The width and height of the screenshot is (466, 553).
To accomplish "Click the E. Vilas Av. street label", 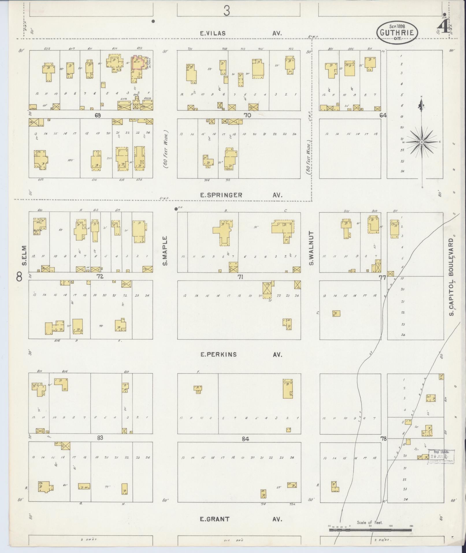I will [241, 34].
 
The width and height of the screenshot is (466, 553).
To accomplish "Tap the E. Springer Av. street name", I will [241, 195].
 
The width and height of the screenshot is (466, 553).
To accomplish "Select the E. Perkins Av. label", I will [241, 354].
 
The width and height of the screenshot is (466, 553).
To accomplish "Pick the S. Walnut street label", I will [311, 248].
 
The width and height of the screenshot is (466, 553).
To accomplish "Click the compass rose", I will [422, 142].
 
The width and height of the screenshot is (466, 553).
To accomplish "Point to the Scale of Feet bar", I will [370, 530].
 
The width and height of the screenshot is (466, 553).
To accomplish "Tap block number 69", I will [98, 115].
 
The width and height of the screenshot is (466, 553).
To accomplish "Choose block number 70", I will [247, 115].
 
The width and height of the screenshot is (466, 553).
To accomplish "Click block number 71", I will [240, 277].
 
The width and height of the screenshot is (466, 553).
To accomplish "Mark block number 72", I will [100, 277].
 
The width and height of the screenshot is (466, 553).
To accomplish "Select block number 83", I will [100, 438].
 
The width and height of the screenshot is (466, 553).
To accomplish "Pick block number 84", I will [245, 439].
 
